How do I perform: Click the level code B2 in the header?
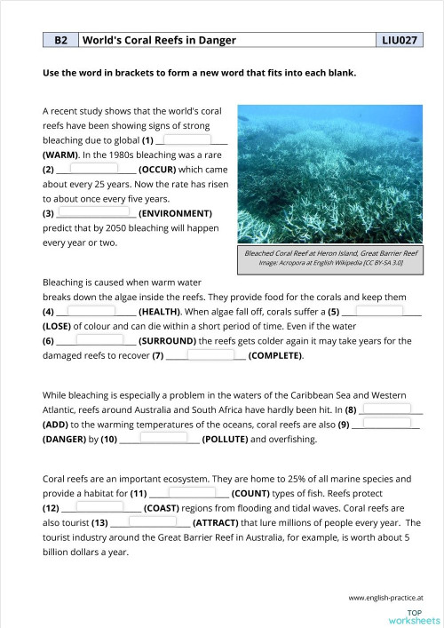pos(60,41)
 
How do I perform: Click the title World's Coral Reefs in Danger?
pos(148,41)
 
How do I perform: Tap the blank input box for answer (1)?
pos(187,140)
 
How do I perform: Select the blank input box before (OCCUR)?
pos(94,169)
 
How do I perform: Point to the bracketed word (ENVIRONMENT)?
pos(175,213)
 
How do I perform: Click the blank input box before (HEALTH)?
pos(91,311)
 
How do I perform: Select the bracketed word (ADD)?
pos(59,424)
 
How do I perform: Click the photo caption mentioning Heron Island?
pos(332,253)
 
